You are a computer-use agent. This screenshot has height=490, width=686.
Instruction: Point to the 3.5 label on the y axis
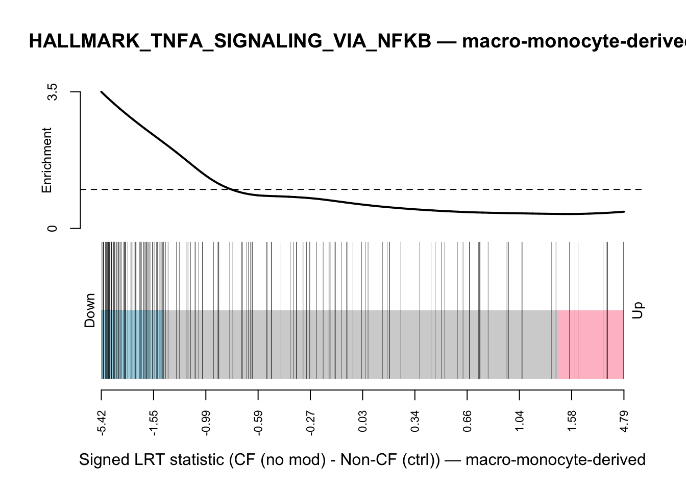pos(52,92)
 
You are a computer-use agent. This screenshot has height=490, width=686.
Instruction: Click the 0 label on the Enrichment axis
pos(52,228)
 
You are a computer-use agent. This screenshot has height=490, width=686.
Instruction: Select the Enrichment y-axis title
pos(47,160)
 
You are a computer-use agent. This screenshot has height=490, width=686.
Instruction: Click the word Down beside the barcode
pos(90,310)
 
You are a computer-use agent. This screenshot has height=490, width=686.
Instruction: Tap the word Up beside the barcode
pos(638,310)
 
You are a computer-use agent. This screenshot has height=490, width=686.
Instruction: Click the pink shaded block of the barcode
pos(591,345)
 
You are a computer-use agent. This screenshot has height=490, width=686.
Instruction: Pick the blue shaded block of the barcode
pos(133,345)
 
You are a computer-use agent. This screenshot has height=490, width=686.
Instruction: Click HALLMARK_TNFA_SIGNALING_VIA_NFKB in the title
pos(230,41)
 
